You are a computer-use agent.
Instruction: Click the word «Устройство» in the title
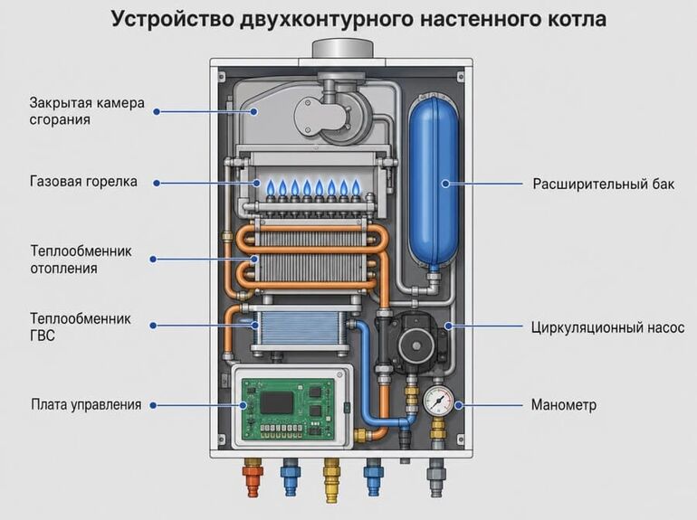[172, 20]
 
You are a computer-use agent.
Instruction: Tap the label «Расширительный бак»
[603, 184]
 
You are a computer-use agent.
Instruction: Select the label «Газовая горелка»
[83, 182]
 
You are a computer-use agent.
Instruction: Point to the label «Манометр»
[564, 405]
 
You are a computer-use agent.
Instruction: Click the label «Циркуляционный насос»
[607, 327]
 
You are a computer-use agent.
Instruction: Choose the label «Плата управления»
[86, 404]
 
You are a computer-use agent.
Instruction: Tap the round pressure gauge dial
[438, 401]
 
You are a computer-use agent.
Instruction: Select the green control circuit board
[287, 410]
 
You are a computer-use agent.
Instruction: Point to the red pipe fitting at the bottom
[253, 480]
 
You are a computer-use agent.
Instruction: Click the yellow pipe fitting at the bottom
[331, 480]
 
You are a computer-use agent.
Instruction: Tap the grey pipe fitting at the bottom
[436, 477]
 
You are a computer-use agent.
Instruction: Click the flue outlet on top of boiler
[342, 50]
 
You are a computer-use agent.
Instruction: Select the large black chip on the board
[276, 402]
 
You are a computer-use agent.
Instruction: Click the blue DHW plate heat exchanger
[299, 326]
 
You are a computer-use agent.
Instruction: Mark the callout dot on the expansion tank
[445, 184]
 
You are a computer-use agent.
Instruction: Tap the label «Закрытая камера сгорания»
[87, 111]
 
